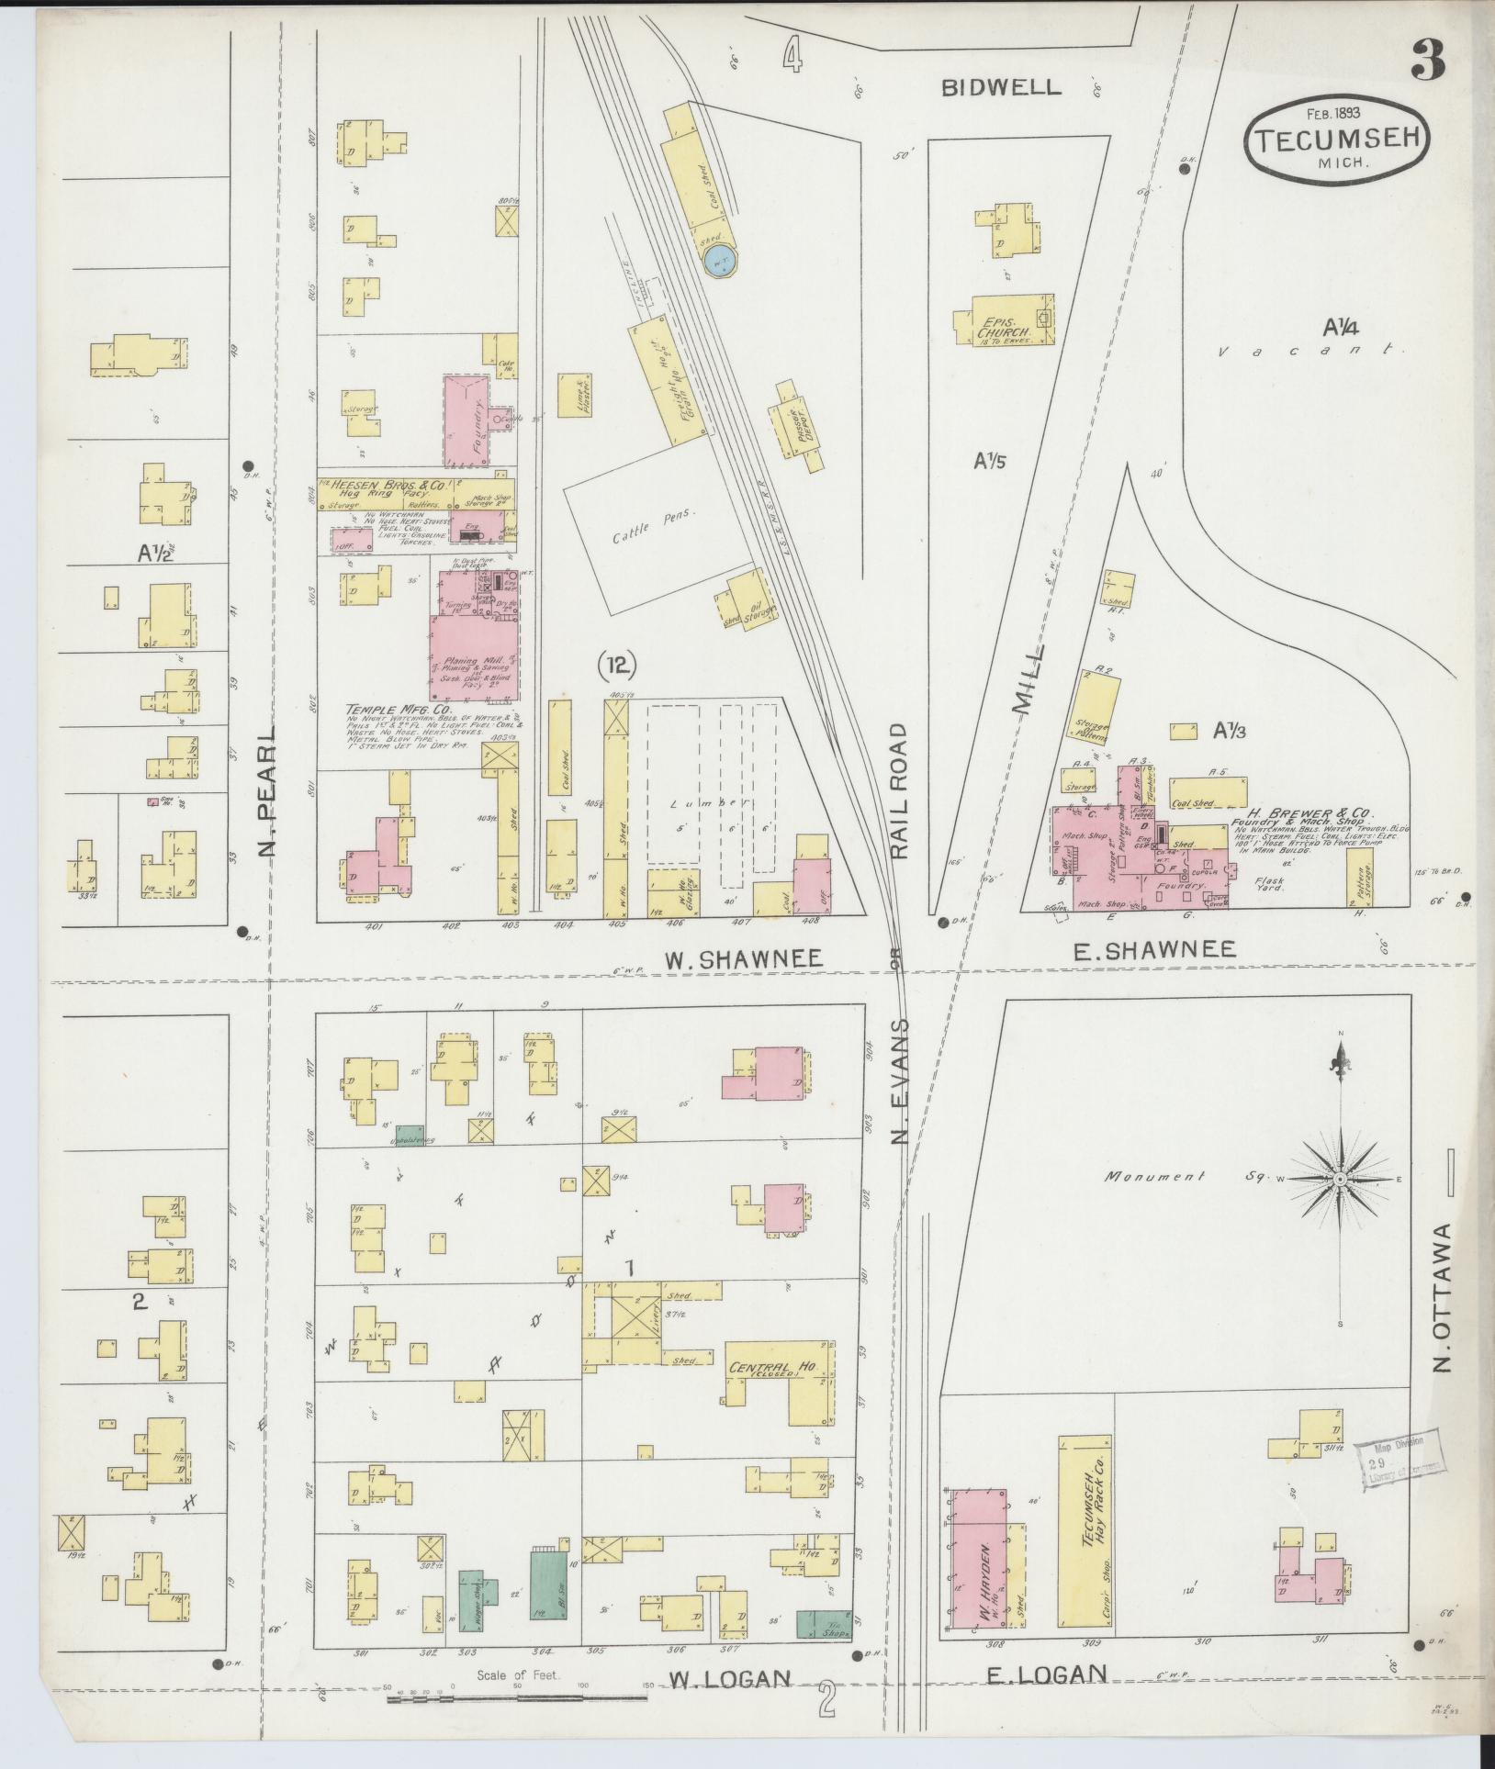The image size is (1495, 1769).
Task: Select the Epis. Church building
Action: pos(1004,319)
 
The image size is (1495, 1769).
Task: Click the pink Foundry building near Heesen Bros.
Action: pos(466,420)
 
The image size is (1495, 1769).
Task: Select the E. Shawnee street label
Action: pos(1155,950)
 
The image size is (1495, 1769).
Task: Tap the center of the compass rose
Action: pos(1340,1179)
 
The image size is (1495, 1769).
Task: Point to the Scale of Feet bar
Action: pos(517,1699)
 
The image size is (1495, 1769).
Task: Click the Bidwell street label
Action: pos(1001,87)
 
